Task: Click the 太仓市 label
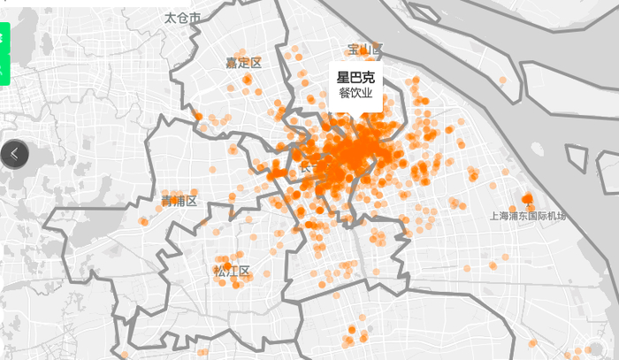(182, 18)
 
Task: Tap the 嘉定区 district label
(243, 63)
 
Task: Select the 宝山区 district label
(364, 49)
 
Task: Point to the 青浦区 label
(179, 201)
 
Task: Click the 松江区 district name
(233, 271)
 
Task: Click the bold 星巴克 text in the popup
(355, 78)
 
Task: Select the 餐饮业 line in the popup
(355, 94)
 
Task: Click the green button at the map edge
(4, 53)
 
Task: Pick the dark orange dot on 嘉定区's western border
(198, 116)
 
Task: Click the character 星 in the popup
(343, 78)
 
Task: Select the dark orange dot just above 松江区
(227, 264)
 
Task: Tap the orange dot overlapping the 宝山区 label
(377, 50)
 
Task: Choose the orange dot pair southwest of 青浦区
(143, 221)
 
